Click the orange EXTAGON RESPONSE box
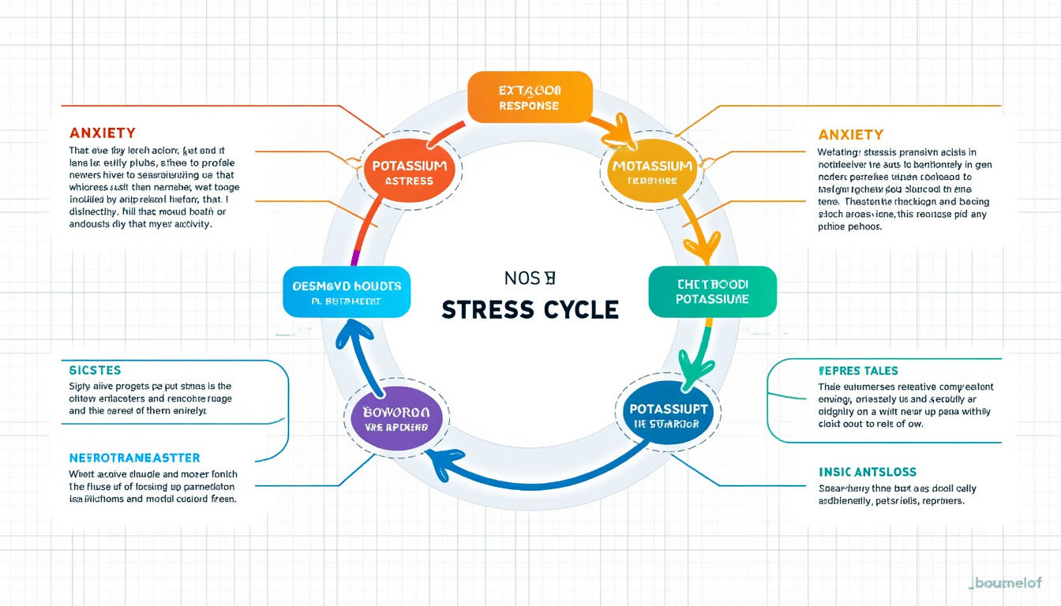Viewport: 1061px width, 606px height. [x=530, y=97]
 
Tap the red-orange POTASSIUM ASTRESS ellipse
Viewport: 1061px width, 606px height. [x=409, y=173]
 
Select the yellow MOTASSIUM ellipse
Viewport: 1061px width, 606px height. [x=652, y=173]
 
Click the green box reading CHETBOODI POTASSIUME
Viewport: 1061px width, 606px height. [x=712, y=292]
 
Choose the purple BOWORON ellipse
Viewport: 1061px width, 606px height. [x=396, y=418]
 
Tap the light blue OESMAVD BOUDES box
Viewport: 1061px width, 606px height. [x=347, y=292]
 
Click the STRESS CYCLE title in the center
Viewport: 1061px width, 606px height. [x=530, y=309]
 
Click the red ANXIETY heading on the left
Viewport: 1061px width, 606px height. [x=103, y=133]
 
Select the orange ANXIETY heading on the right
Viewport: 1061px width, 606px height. [x=851, y=135]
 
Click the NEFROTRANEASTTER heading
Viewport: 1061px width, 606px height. [x=135, y=458]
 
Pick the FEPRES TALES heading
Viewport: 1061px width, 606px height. [x=859, y=370]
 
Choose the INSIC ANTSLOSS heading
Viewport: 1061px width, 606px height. [x=868, y=472]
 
